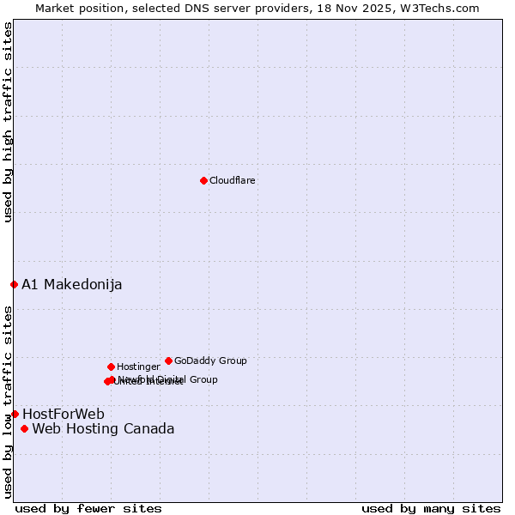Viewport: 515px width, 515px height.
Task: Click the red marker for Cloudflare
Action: tap(203, 180)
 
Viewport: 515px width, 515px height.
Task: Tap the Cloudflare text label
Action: tap(232, 181)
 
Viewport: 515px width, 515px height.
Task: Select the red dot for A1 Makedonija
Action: tap(14, 284)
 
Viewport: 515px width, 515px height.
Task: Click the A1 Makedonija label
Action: tap(71, 285)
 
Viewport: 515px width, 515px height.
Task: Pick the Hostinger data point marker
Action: tap(111, 367)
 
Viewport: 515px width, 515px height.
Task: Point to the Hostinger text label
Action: tap(138, 367)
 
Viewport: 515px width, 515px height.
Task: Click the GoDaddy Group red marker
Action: tap(168, 360)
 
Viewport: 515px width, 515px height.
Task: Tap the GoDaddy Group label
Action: tap(210, 361)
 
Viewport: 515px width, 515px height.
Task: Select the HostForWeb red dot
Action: tap(15, 414)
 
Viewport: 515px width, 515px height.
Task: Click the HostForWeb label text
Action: tap(64, 415)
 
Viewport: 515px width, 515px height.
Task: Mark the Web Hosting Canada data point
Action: tap(24, 428)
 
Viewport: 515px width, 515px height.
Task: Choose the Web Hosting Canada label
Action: tap(103, 429)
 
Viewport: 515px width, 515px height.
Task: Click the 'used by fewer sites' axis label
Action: tap(88, 509)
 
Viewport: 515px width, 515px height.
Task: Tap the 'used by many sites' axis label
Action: tap(431, 509)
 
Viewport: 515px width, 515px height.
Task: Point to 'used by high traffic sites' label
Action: tap(9, 122)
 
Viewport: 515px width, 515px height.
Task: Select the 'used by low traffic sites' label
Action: tap(9, 402)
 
